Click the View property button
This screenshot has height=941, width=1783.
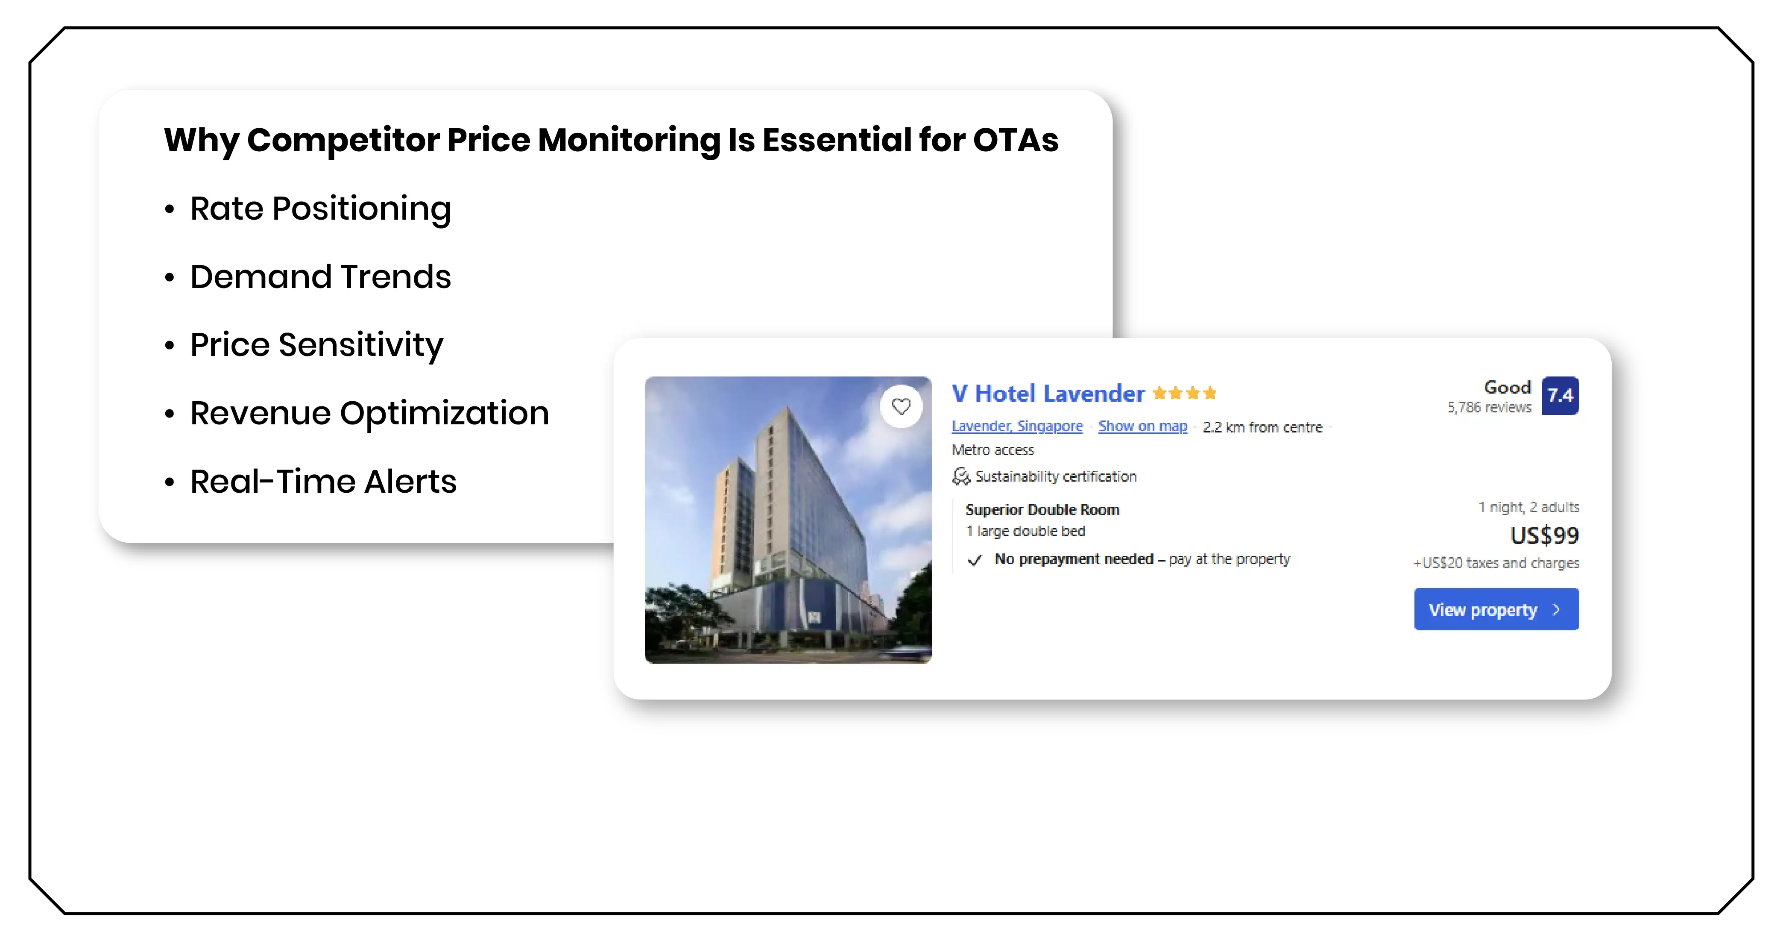(1496, 609)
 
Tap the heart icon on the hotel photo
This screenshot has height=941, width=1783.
(901, 406)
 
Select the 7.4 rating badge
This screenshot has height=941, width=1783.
(1560, 395)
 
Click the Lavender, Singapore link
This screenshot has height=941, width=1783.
(1017, 426)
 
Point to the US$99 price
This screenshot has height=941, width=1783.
(1544, 535)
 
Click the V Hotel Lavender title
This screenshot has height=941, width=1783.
(1048, 393)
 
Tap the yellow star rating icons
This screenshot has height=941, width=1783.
(1184, 393)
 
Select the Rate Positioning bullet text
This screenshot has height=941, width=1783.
(320, 209)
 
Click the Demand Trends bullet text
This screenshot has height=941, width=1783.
(320, 277)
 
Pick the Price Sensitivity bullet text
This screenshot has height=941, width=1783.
(316, 345)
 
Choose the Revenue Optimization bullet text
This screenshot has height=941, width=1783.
(369, 413)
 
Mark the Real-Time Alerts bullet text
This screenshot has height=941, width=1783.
(323, 481)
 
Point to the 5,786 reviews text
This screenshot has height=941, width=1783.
(1489, 408)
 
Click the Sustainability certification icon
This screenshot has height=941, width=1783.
(961, 476)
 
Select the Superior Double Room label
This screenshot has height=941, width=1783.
(1042, 510)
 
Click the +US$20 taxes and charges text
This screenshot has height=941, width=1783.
(1496, 563)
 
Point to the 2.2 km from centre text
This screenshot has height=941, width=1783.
(1262, 427)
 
